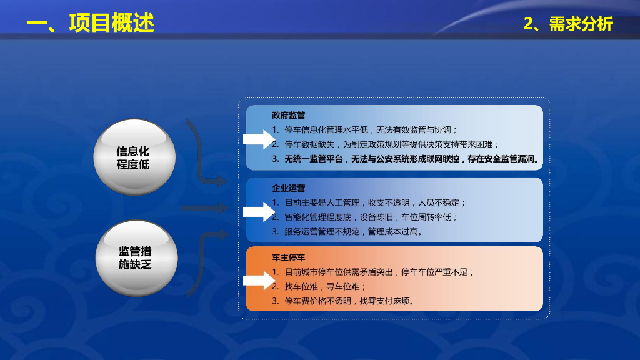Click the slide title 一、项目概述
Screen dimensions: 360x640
point(90,23)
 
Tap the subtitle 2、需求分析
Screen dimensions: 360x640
point(568,24)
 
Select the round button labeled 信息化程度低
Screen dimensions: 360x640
point(133,158)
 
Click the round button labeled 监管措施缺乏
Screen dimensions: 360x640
point(136,257)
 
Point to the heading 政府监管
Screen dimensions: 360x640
point(288,116)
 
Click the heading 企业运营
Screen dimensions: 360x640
point(288,188)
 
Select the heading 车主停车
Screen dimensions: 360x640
point(288,257)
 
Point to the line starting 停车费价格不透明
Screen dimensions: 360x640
point(349,301)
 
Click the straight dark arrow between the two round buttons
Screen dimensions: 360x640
point(204,208)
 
